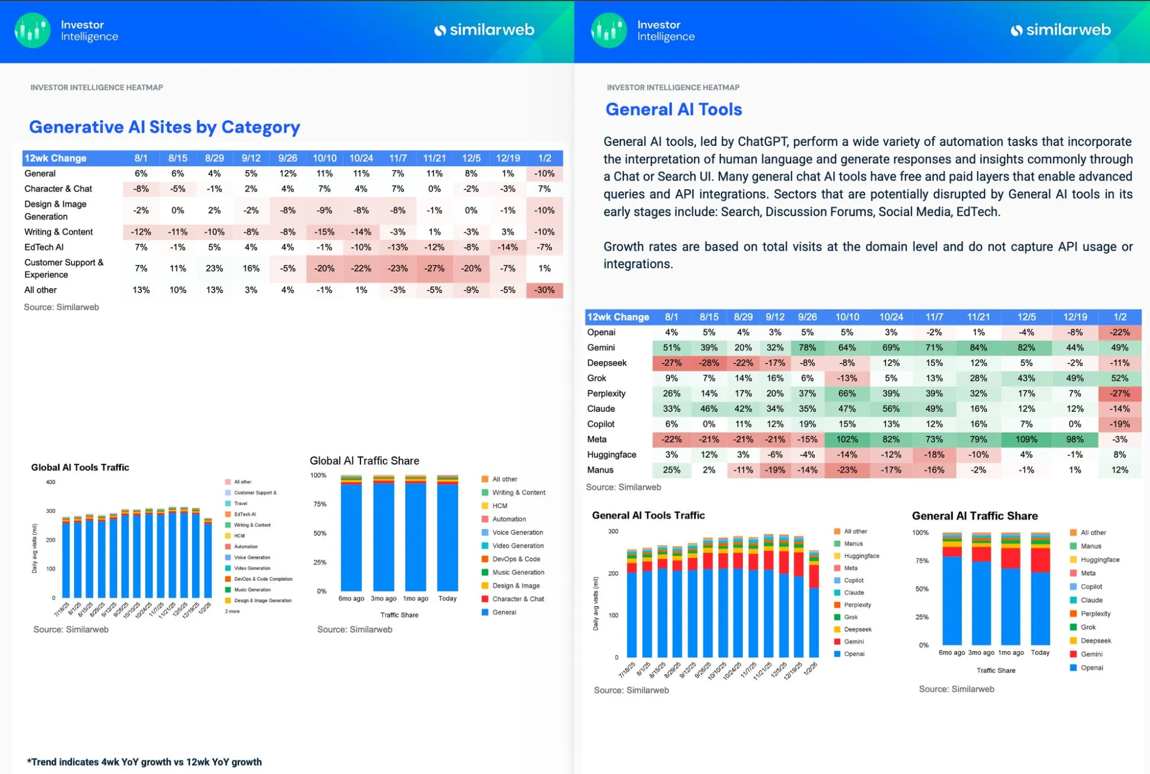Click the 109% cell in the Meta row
click(1026, 439)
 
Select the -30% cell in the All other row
click(544, 290)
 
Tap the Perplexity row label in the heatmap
click(606, 393)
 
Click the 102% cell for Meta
click(847, 439)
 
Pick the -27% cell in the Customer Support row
click(434, 268)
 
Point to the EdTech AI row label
click(44, 247)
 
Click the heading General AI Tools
click(673, 109)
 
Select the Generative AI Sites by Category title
click(164, 127)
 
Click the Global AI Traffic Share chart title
click(364, 461)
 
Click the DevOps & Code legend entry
click(516, 559)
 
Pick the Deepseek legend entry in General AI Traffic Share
click(1095, 641)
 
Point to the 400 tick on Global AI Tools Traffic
click(51, 482)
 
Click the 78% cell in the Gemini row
click(807, 347)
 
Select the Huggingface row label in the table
click(611, 454)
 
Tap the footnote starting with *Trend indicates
click(144, 762)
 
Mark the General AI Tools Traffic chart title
click(648, 515)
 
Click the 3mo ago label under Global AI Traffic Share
click(384, 599)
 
